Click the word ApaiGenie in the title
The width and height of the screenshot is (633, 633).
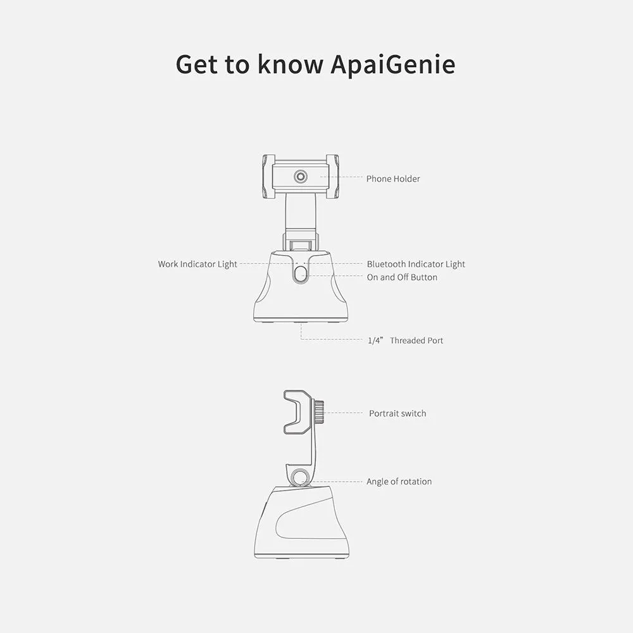coord(393,64)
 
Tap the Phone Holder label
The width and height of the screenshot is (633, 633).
coord(393,179)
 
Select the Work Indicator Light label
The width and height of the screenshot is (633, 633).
coord(197,264)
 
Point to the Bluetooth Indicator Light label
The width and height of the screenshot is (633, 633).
coord(416,264)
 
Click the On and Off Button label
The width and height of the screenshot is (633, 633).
coord(402,277)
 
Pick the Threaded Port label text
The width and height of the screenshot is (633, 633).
coord(417,341)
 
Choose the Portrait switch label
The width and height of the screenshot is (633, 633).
coord(398,413)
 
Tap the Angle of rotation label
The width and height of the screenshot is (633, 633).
coord(399,482)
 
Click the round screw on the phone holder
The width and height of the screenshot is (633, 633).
coord(300,177)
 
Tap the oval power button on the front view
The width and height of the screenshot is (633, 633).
coord(300,275)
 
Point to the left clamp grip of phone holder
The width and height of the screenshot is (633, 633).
coord(268,177)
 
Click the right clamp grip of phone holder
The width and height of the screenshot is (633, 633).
coord(332,177)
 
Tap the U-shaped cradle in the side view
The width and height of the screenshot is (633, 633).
coord(298,412)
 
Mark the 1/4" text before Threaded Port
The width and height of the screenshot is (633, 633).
coord(375,341)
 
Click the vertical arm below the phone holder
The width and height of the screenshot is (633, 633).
coord(300,214)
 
